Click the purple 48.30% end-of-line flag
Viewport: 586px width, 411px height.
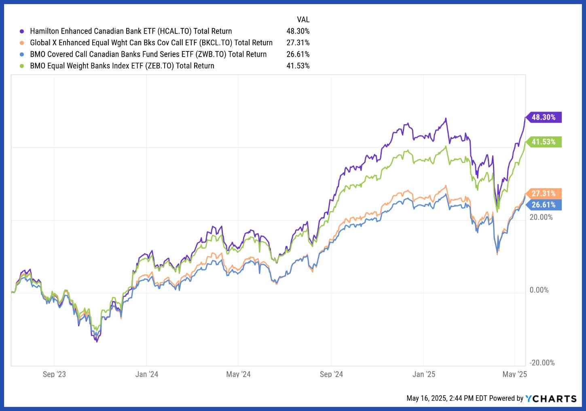tap(543, 117)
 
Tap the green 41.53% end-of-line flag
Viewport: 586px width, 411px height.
tap(543, 142)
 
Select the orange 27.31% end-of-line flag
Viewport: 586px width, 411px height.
tap(543, 194)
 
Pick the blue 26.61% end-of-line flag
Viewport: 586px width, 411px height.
tap(543, 205)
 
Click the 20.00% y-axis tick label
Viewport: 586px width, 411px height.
tap(541, 217)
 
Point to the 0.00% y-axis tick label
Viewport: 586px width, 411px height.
tap(539, 290)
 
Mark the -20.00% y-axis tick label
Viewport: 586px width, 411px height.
tap(542, 363)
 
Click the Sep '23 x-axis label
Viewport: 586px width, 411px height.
tap(54, 374)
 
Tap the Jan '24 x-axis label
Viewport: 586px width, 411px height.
tap(147, 374)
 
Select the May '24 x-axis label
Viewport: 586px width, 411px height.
tap(238, 374)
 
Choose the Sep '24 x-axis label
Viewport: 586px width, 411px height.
tap(331, 374)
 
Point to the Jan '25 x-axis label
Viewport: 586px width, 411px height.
tap(424, 374)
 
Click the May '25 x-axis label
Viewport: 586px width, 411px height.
tap(514, 374)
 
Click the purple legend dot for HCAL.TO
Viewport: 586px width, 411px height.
tap(22, 31)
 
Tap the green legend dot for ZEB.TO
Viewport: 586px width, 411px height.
tap(22, 66)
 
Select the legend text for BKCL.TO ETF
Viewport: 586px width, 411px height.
tap(151, 42)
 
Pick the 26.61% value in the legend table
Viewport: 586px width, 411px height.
tap(298, 54)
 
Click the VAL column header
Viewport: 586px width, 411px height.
tap(303, 19)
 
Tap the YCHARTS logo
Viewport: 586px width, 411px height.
tap(551, 398)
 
